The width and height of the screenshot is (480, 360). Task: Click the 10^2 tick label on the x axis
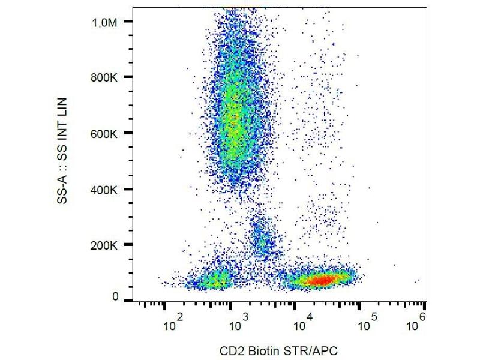pos(173,324)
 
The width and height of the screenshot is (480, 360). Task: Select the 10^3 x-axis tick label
pos(236,324)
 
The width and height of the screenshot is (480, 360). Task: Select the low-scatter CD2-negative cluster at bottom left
pos(215,280)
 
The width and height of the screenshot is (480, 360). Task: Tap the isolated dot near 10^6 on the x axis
pos(418,280)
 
